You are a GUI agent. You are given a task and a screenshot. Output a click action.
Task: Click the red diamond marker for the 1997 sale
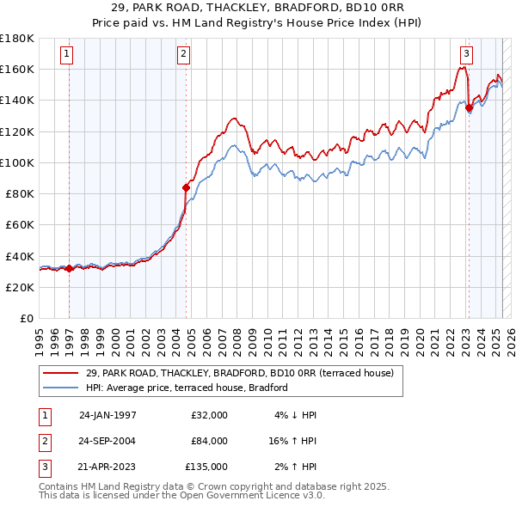coord(69,269)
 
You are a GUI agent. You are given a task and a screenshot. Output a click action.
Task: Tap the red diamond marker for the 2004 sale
coord(186,187)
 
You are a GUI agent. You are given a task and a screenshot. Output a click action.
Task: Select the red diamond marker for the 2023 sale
coord(469,107)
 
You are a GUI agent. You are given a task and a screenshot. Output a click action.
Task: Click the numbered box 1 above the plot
coord(67,54)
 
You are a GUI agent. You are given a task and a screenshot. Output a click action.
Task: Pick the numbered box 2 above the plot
coord(184,54)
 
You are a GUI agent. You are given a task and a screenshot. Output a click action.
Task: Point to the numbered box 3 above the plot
coord(466,54)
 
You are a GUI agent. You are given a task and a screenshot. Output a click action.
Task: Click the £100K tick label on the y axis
coord(17,162)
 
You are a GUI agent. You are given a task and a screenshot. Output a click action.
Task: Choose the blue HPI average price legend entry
coord(186,388)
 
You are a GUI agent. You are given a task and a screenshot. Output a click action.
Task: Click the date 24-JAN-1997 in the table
coord(107,415)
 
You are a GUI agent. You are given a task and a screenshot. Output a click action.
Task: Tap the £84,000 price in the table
coord(209,441)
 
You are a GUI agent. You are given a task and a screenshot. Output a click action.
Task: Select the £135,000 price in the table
coord(206,467)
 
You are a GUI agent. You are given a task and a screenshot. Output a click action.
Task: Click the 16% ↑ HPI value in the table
coord(292,441)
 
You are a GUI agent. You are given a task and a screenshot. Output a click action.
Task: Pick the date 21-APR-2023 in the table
coord(107,467)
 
